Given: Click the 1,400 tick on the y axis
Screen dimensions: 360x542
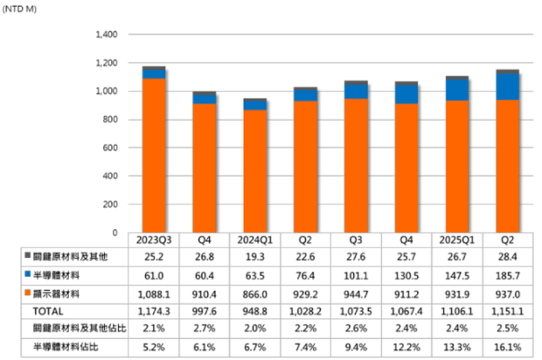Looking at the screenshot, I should point(103,35).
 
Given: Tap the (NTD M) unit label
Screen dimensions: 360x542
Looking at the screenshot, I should point(19,9).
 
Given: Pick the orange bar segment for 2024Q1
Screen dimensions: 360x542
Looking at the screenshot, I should point(254,171).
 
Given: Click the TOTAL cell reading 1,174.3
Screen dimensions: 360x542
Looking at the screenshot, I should point(154,309).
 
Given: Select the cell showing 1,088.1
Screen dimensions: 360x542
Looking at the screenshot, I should point(154,293).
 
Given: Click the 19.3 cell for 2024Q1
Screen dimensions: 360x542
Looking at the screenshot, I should point(254,256).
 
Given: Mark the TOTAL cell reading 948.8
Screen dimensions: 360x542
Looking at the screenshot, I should point(254,309).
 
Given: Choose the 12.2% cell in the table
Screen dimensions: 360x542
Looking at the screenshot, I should point(406,347).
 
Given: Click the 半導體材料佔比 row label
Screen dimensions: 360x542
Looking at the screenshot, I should point(66,347).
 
